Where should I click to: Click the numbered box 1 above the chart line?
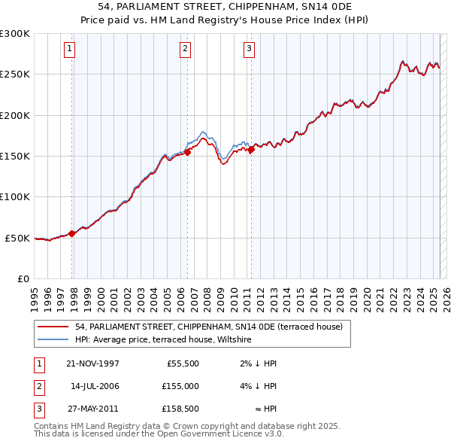click(x=69, y=50)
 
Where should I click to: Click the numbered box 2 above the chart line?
click(x=185, y=50)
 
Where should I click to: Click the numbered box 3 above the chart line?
click(x=249, y=50)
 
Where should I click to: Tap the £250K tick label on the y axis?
click(x=15, y=75)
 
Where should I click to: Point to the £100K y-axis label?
click(x=15, y=196)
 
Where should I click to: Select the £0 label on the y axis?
click(x=22, y=278)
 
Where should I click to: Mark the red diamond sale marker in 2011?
click(x=252, y=149)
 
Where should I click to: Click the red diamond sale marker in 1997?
click(x=72, y=233)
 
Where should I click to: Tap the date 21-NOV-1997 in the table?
click(x=93, y=363)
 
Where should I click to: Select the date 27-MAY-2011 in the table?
click(x=93, y=409)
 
